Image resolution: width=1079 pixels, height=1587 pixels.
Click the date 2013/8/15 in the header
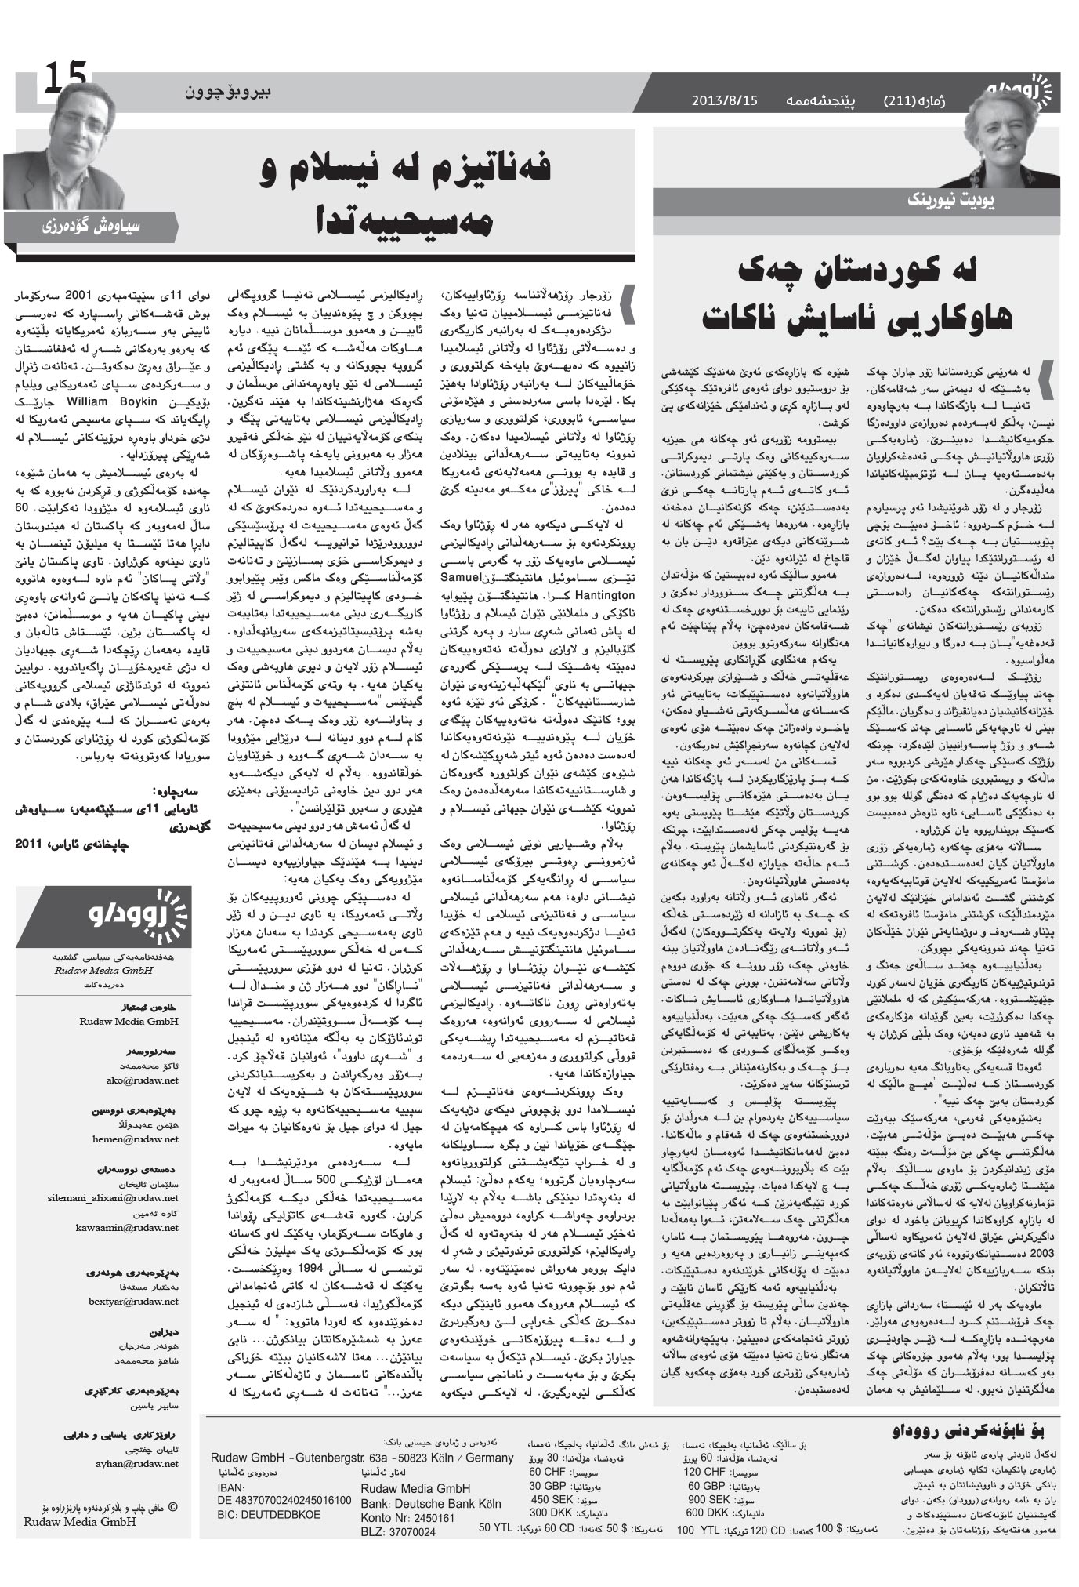coord(725,100)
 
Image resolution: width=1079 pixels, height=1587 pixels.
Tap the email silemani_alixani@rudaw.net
coord(113,1198)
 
